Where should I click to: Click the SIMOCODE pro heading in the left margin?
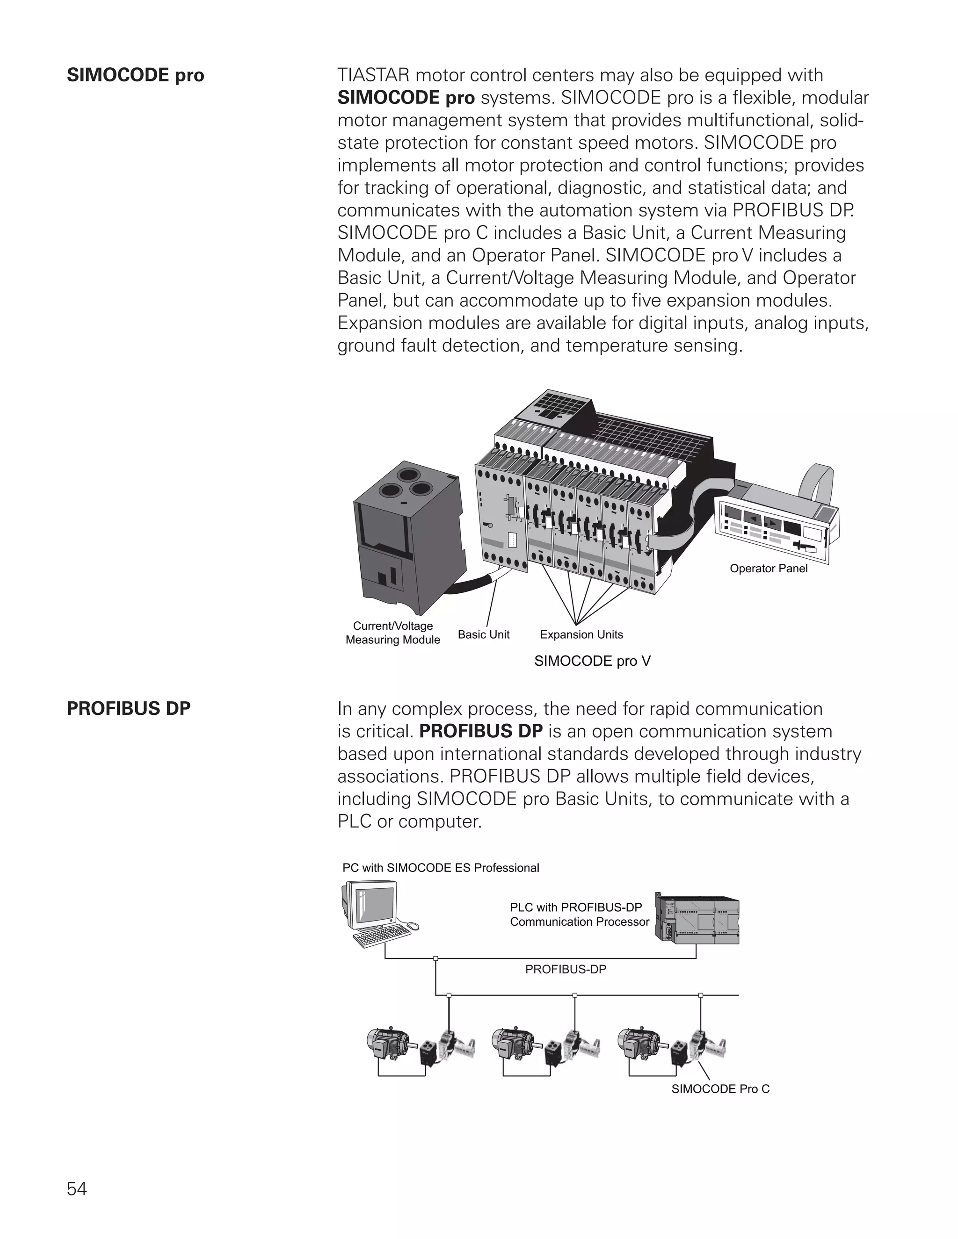click(x=135, y=75)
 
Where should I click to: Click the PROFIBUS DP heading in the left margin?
click(x=128, y=708)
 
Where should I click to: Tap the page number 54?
click(x=77, y=1189)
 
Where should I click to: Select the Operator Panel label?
click(x=768, y=569)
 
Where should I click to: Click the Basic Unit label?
click(x=484, y=635)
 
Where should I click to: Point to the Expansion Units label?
click(x=581, y=635)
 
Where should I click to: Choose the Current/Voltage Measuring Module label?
click(x=393, y=633)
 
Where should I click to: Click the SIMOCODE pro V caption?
click(x=592, y=661)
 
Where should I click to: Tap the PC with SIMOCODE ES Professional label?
click(x=440, y=868)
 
